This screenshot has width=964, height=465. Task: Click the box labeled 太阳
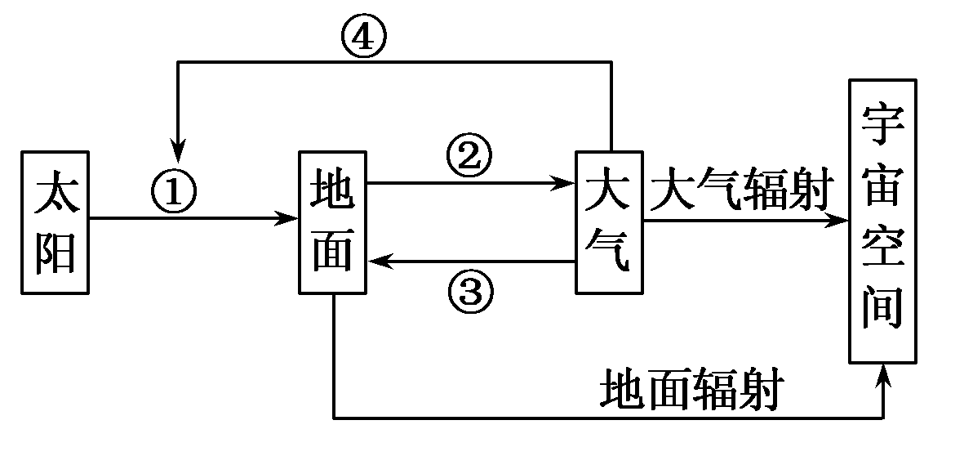click(x=56, y=222)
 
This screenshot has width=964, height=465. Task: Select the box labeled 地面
click(x=333, y=222)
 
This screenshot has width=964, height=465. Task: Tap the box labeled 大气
click(x=609, y=222)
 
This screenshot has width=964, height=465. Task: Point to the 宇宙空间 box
click(x=882, y=221)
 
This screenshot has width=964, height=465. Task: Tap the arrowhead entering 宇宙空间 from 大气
click(x=840, y=220)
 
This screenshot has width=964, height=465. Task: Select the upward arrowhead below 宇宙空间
click(x=882, y=373)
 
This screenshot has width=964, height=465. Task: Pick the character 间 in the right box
click(x=882, y=311)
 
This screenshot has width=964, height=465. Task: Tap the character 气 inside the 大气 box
click(x=609, y=253)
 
